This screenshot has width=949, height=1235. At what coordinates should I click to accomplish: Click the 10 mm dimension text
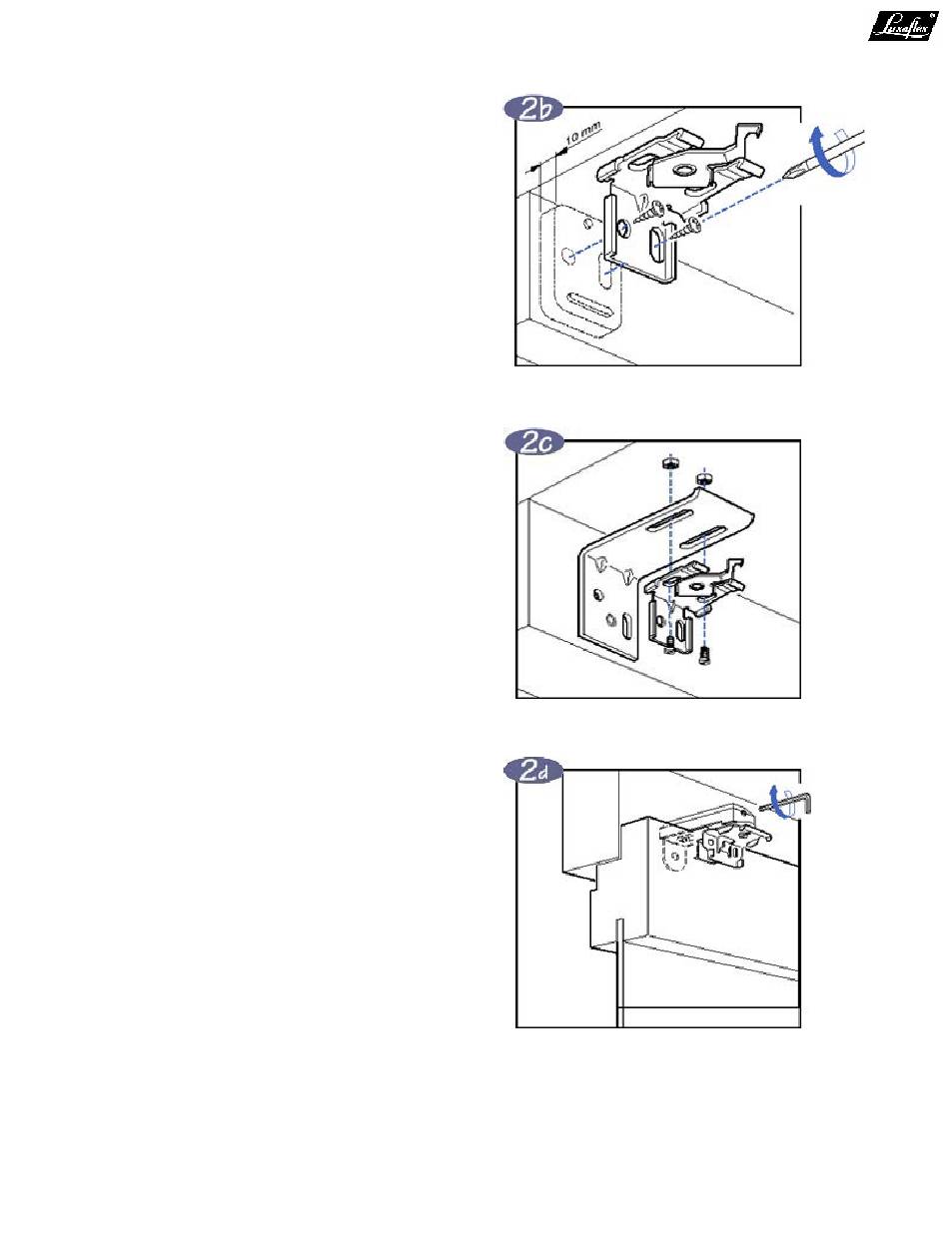pyautogui.click(x=581, y=139)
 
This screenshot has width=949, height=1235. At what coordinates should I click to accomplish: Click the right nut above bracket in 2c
pyautogui.click(x=705, y=477)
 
